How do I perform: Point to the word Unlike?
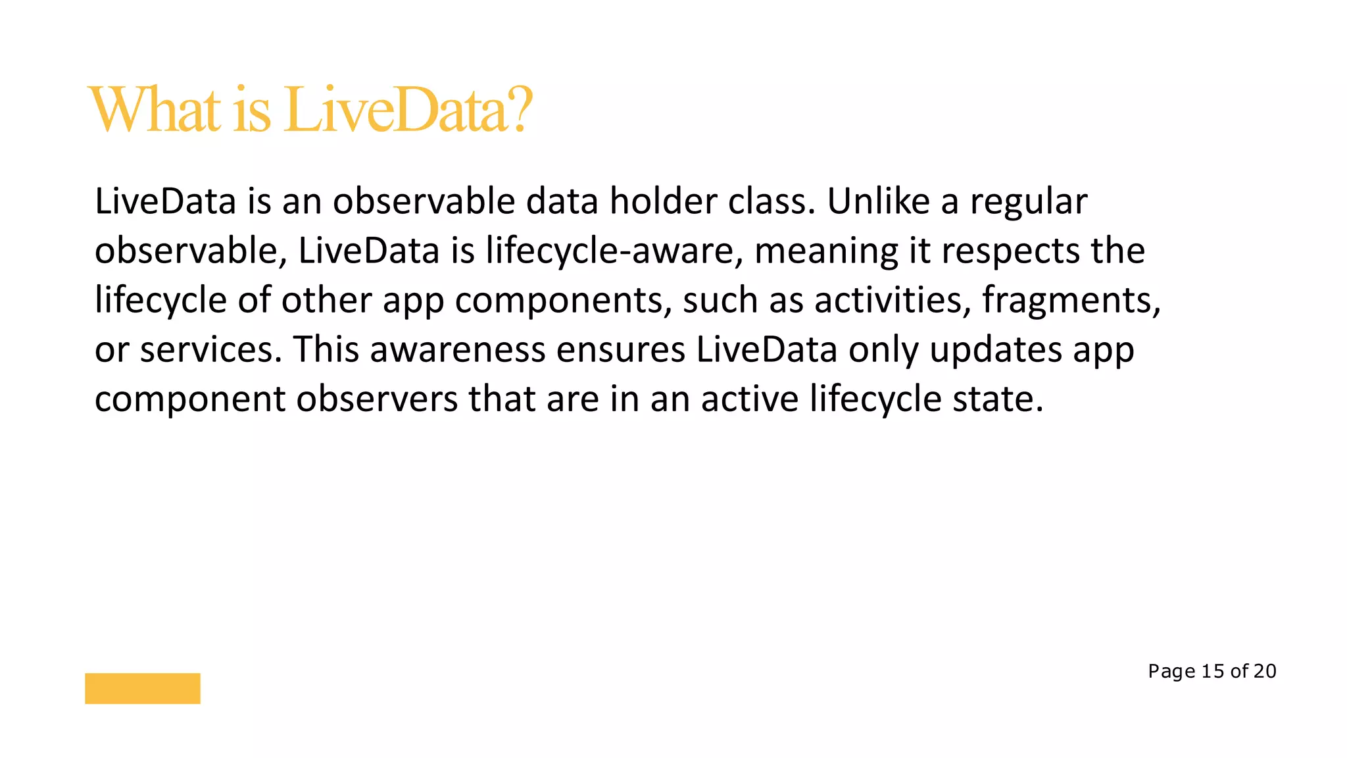click(x=878, y=201)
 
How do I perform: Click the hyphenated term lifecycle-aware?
click(x=610, y=251)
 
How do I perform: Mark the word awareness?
click(x=458, y=350)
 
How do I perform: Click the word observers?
click(x=377, y=399)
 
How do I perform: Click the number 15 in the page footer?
click(x=1213, y=671)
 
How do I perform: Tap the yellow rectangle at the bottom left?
click(x=143, y=688)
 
